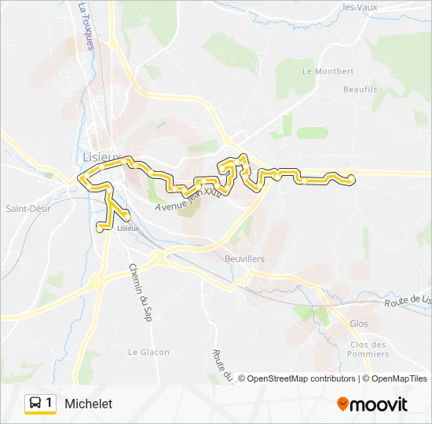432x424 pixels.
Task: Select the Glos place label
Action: click(x=358, y=323)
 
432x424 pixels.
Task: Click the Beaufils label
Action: click(x=361, y=90)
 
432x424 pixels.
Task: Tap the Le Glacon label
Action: click(x=148, y=352)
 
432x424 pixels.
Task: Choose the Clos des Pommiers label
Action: click(x=368, y=349)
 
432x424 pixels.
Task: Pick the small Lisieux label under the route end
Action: click(x=127, y=228)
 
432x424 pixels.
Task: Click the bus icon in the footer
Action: click(x=35, y=404)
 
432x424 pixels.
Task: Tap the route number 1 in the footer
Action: click(x=49, y=404)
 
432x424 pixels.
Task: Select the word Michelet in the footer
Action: click(x=89, y=404)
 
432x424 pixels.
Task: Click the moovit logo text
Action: click(x=379, y=404)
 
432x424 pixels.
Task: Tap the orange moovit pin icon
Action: click(x=342, y=404)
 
